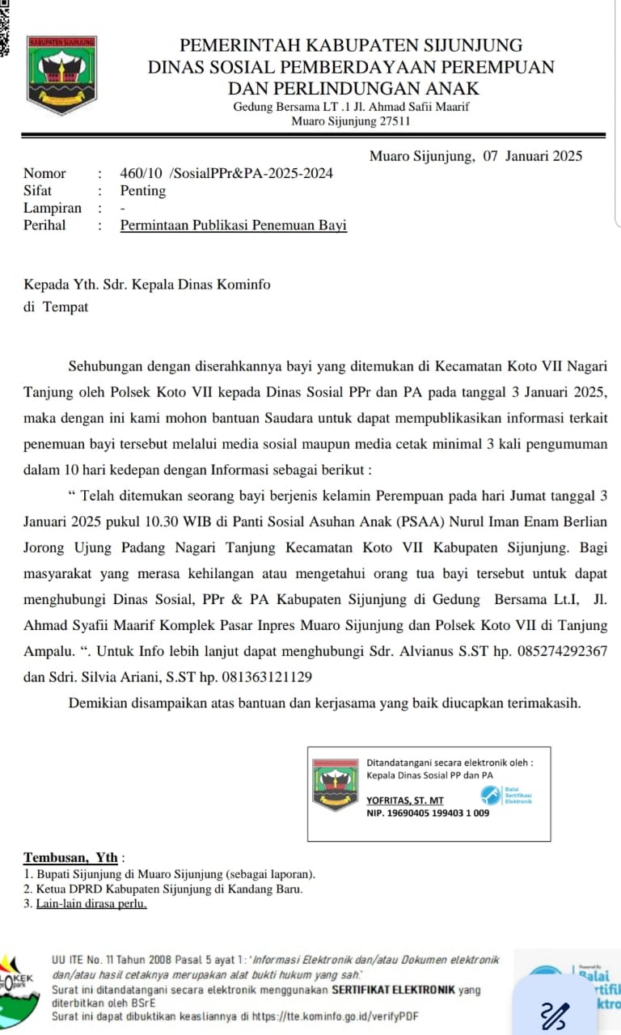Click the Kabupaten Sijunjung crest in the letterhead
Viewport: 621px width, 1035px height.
coord(61,74)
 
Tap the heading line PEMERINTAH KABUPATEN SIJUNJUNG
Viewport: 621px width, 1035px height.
coord(351,45)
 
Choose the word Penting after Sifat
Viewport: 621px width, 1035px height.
coord(143,191)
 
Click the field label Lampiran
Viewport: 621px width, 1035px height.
coord(53,208)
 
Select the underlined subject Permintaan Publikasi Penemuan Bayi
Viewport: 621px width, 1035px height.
coord(234,226)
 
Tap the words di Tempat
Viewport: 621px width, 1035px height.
coord(56,306)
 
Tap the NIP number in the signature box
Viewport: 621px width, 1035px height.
coord(428,813)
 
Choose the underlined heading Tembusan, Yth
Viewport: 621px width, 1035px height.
coord(71,857)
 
